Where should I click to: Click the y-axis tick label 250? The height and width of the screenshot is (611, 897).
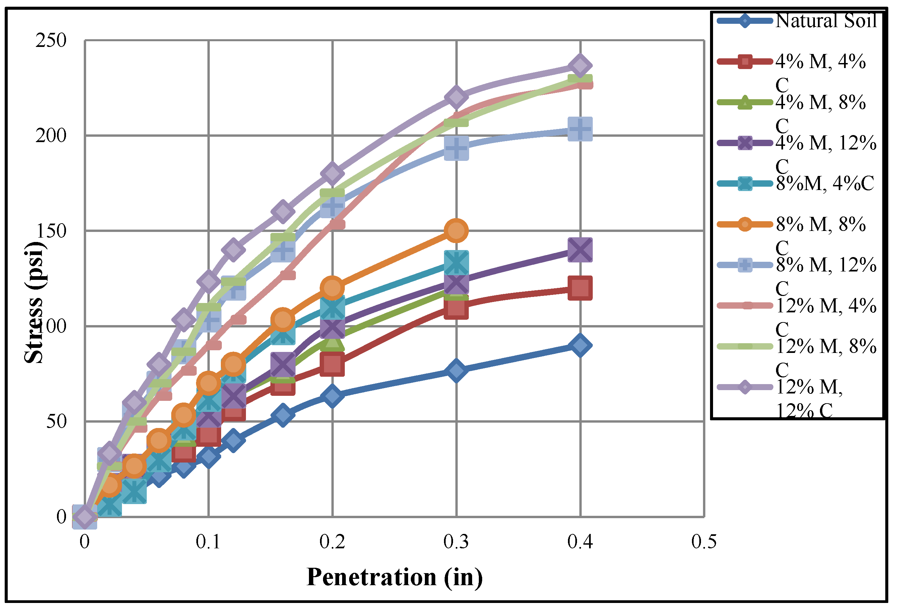point(51,40)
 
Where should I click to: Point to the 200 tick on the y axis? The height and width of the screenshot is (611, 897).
point(51,135)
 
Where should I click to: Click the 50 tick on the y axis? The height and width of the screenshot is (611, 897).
point(56,421)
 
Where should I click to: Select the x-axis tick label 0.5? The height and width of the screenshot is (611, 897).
point(704,542)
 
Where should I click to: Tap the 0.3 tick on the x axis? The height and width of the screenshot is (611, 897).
point(456,542)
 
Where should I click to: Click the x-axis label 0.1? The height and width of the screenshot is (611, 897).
point(208,542)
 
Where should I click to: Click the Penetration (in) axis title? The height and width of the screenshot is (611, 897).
point(394,577)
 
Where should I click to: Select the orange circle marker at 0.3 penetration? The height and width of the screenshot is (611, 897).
point(456,231)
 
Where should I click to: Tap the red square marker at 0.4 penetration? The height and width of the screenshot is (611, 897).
point(580,288)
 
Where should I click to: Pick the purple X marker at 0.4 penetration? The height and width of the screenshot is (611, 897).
point(580,250)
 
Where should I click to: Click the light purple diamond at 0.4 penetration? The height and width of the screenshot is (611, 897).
point(580,66)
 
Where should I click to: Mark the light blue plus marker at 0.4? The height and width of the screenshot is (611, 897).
point(580,129)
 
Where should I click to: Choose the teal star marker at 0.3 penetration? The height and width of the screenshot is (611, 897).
point(456,262)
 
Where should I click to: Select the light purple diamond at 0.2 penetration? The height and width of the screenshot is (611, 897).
point(332,173)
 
